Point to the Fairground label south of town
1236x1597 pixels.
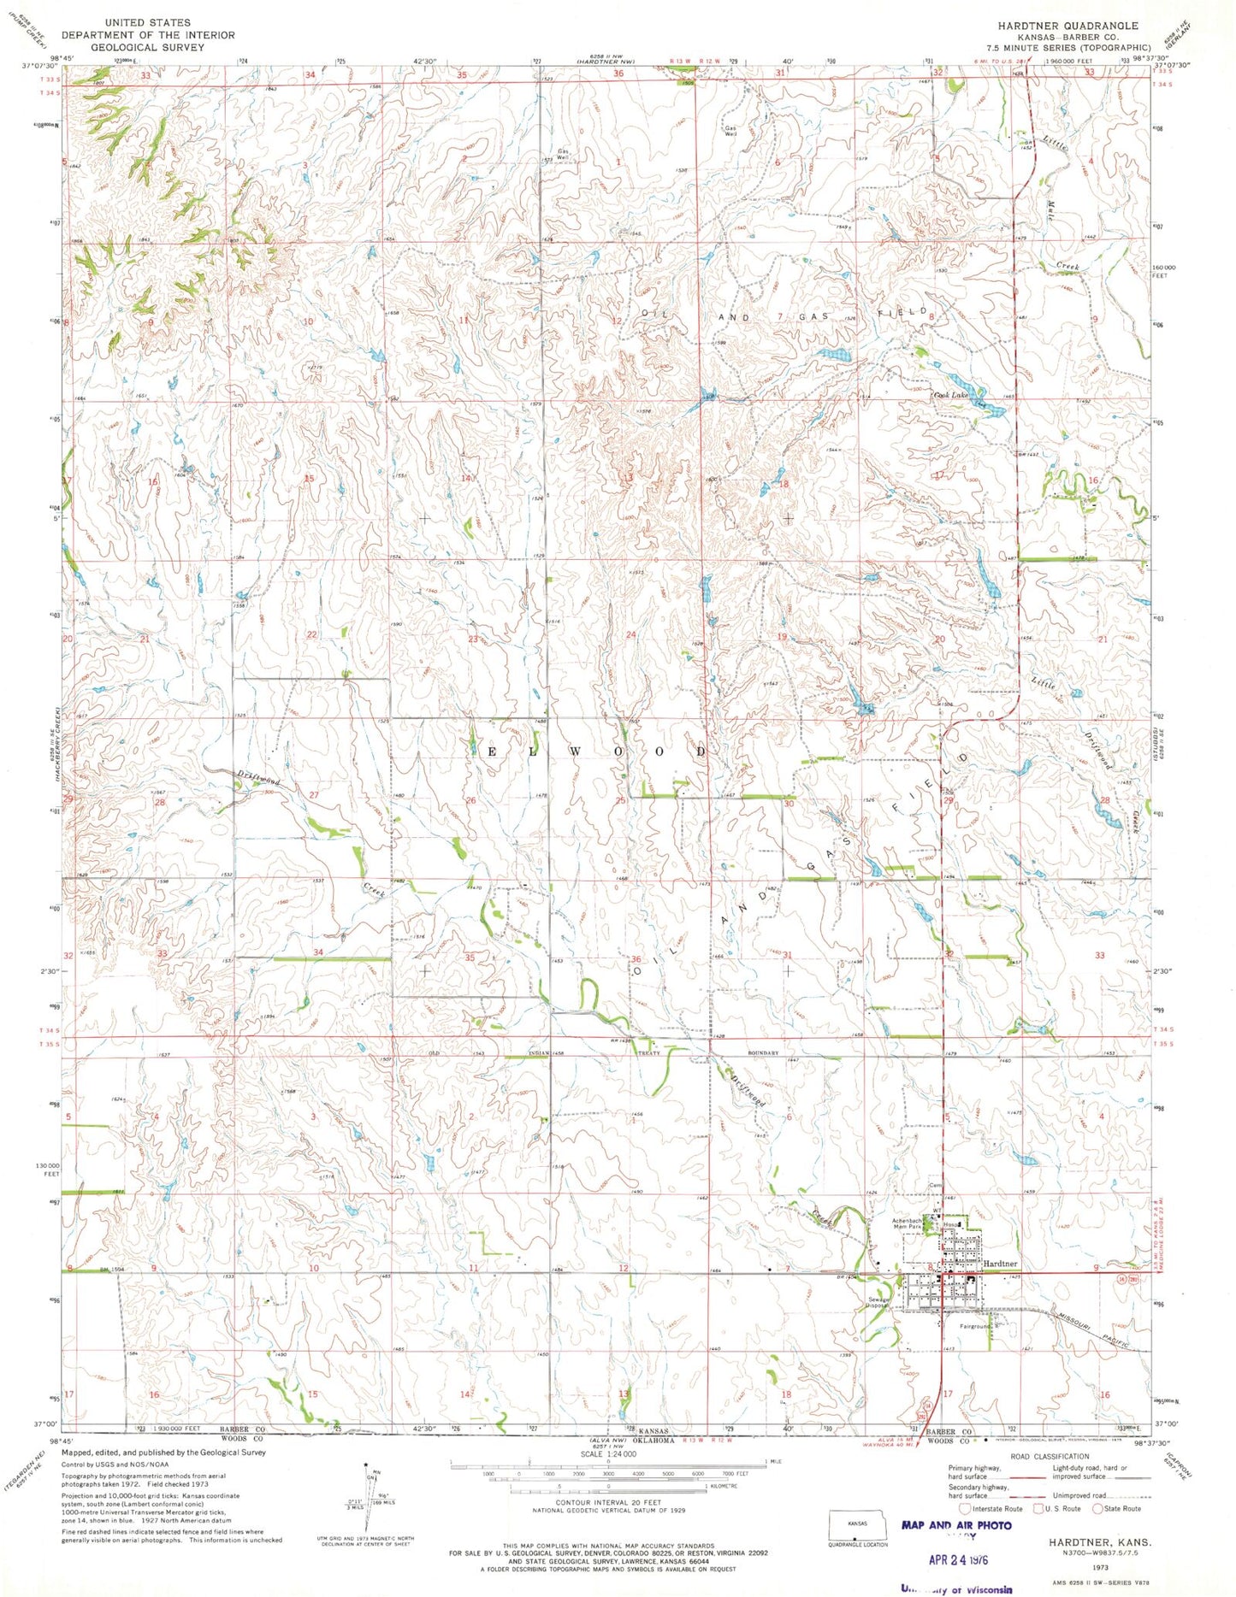pos(974,1327)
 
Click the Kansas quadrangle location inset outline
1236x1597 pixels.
pos(857,1525)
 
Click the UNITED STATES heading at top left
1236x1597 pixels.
pos(148,23)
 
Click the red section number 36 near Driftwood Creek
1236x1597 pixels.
pos(636,959)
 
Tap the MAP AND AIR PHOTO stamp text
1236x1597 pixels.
pos(956,1525)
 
